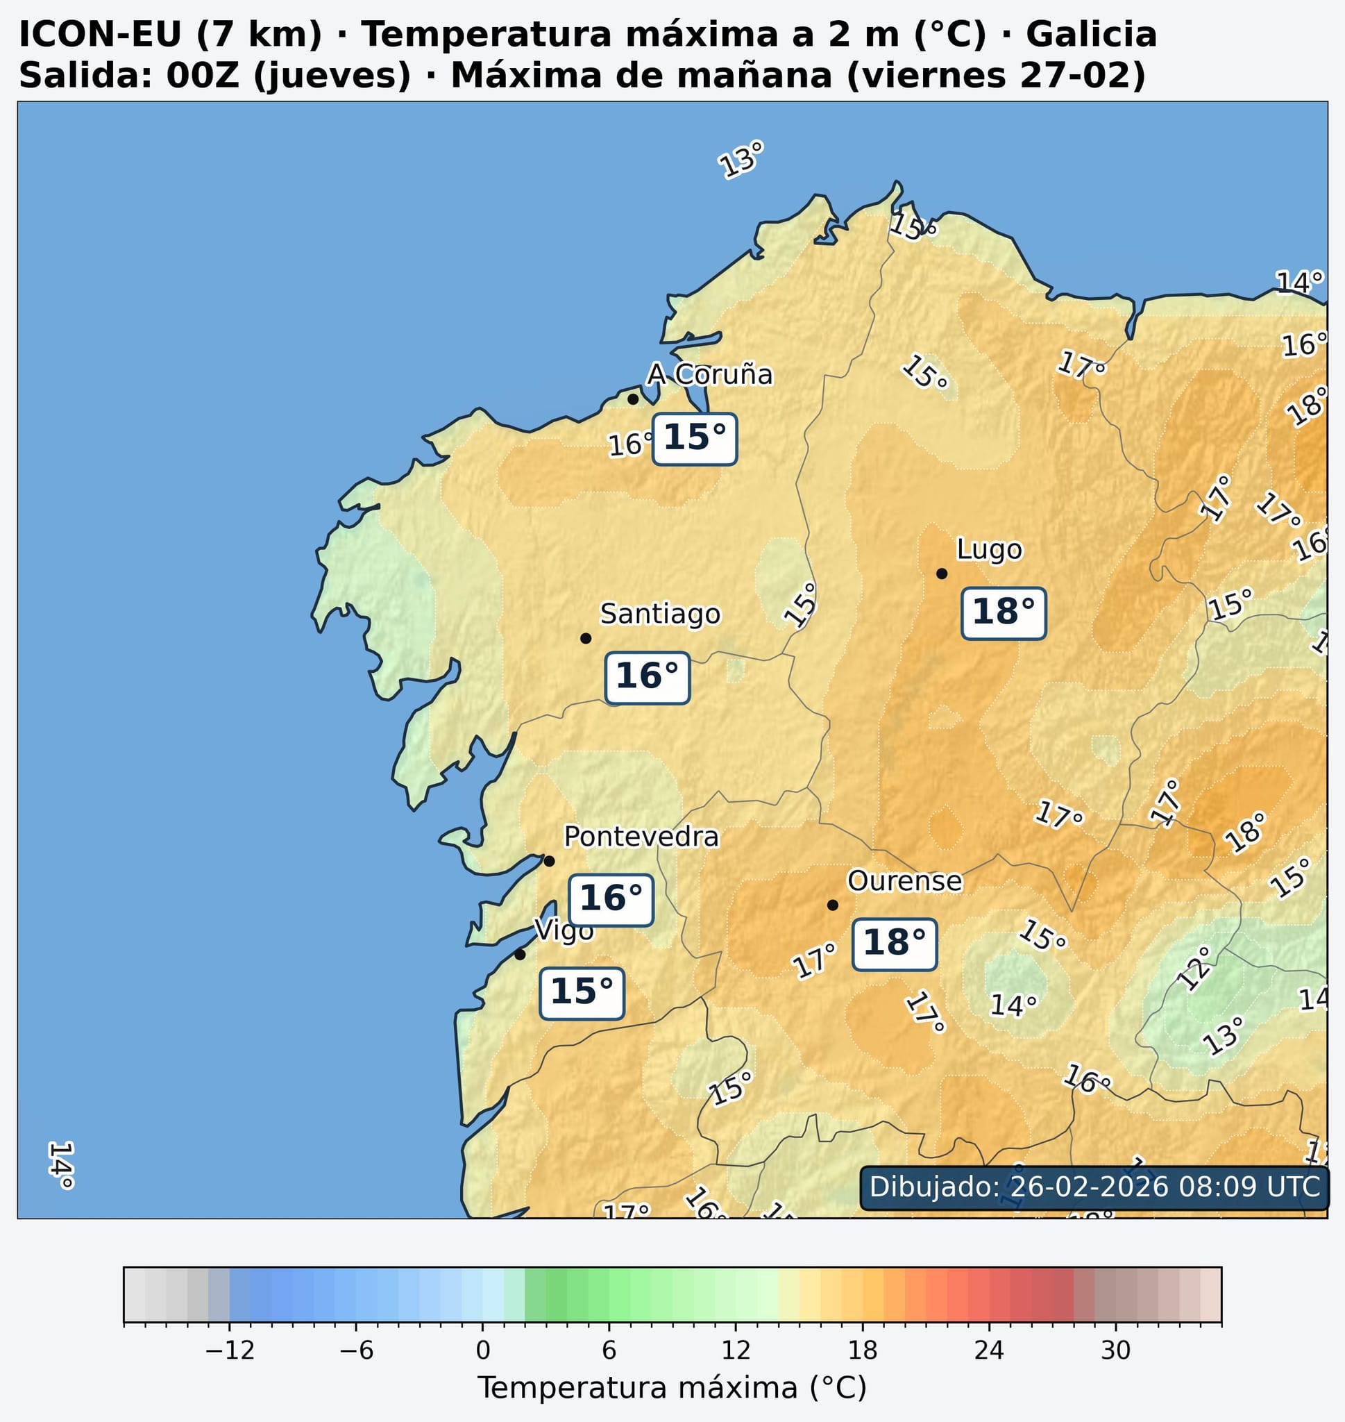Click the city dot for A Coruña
[x=633, y=399]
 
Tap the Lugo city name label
[x=990, y=550]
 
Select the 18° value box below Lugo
[x=1003, y=613]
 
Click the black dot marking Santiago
[x=585, y=638]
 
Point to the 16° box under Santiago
[x=647, y=678]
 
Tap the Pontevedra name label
[x=641, y=837]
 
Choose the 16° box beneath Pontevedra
[x=611, y=900]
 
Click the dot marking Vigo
[x=520, y=955]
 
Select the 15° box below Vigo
[x=582, y=993]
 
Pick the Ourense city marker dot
[x=832, y=905]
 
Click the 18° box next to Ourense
[x=894, y=944]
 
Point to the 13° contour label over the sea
[x=741, y=159]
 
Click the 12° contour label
[x=1194, y=968]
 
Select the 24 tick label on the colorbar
[x=989, y=1351]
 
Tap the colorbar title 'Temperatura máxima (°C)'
[x=672, y=1388]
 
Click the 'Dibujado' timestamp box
[x=1094, y=1187]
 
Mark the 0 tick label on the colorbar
[x=482, y=1351]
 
